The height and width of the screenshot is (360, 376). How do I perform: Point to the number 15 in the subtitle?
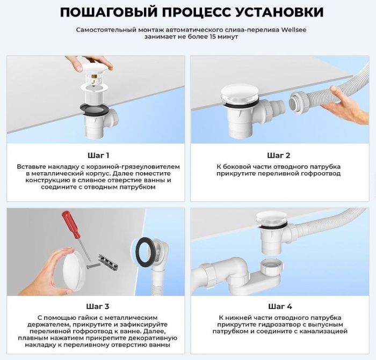pos(206,38)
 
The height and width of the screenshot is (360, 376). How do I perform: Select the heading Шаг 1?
pos(98,156)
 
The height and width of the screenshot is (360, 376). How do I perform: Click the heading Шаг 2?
pos(279,156)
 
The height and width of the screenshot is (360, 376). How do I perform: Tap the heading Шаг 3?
pos(98,306)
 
